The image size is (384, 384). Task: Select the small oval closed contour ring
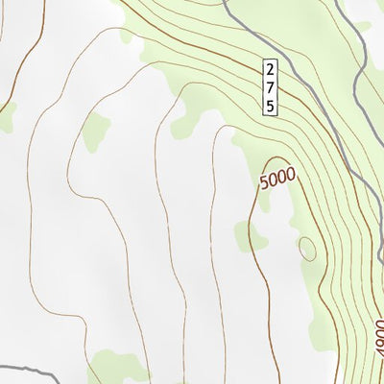point(307,248)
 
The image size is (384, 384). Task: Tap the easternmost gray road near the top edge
point(363,58)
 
